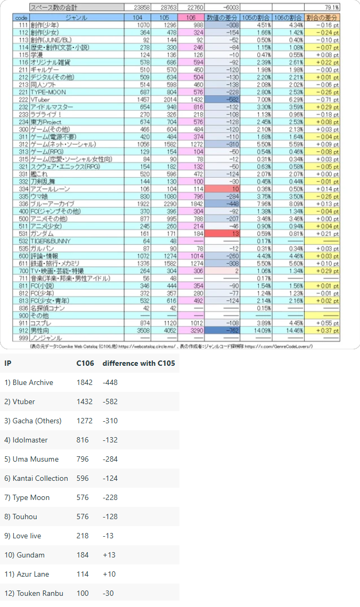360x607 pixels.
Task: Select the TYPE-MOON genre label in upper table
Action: coord(48,92)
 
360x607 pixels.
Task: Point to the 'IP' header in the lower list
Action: coord(7,363)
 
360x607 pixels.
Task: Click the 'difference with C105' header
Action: coord(138,363)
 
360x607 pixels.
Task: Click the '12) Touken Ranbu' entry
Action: coord(34,593)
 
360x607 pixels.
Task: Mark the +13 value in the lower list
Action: coord(110,555)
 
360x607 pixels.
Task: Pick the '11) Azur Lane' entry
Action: coord(27,574)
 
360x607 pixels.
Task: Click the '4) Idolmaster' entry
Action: coord(26,440)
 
